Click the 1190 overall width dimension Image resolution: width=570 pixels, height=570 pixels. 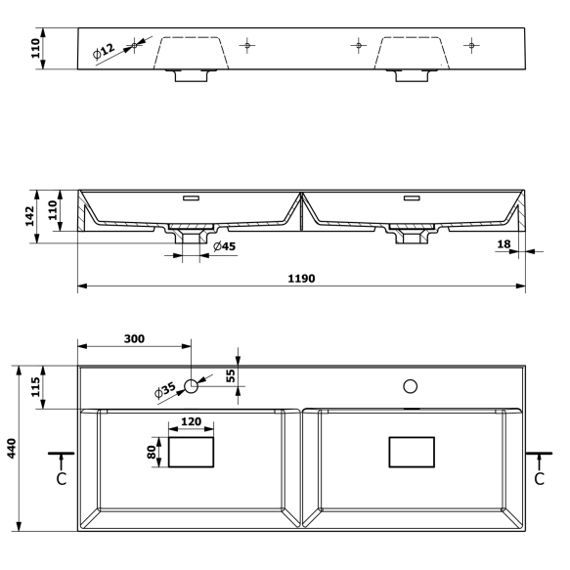pyautogui.click(x=301, y=279)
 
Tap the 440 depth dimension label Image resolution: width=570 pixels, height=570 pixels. pyautogui.click(x=12, y=448)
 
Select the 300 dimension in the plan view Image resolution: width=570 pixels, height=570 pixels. pyautogui.click(x=134, y=339)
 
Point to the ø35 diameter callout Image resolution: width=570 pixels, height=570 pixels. pyautogui.click(x=165, y=390)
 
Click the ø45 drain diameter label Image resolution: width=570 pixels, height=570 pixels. pyautogui.click(x=224, y=246)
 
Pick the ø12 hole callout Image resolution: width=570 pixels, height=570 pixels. pyautogui.click(x=104, y=51)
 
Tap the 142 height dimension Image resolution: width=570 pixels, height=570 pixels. pyautogui.click(x=29, y=216)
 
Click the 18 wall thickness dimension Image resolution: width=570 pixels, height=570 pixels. pyautogui.click(x=504, y=243)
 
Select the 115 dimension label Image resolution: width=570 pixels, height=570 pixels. pyautogui.click(x=35, y=387)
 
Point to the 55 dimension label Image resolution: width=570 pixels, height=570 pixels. pyautogui.click(x=231, y=375)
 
